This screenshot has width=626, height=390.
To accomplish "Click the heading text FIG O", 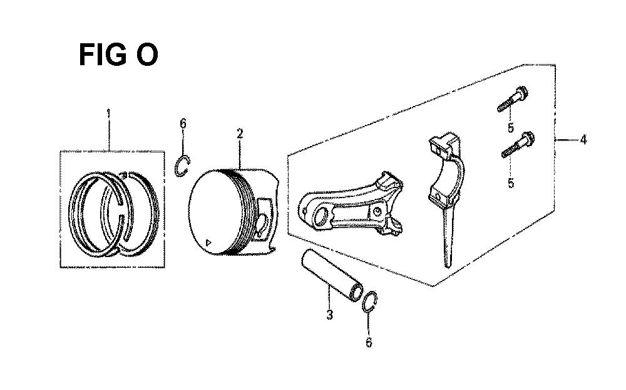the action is tap(118, 55).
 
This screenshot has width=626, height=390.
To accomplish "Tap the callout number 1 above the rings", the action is tap(108, 113).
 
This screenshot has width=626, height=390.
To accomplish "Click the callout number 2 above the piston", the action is tap(240, 134).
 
